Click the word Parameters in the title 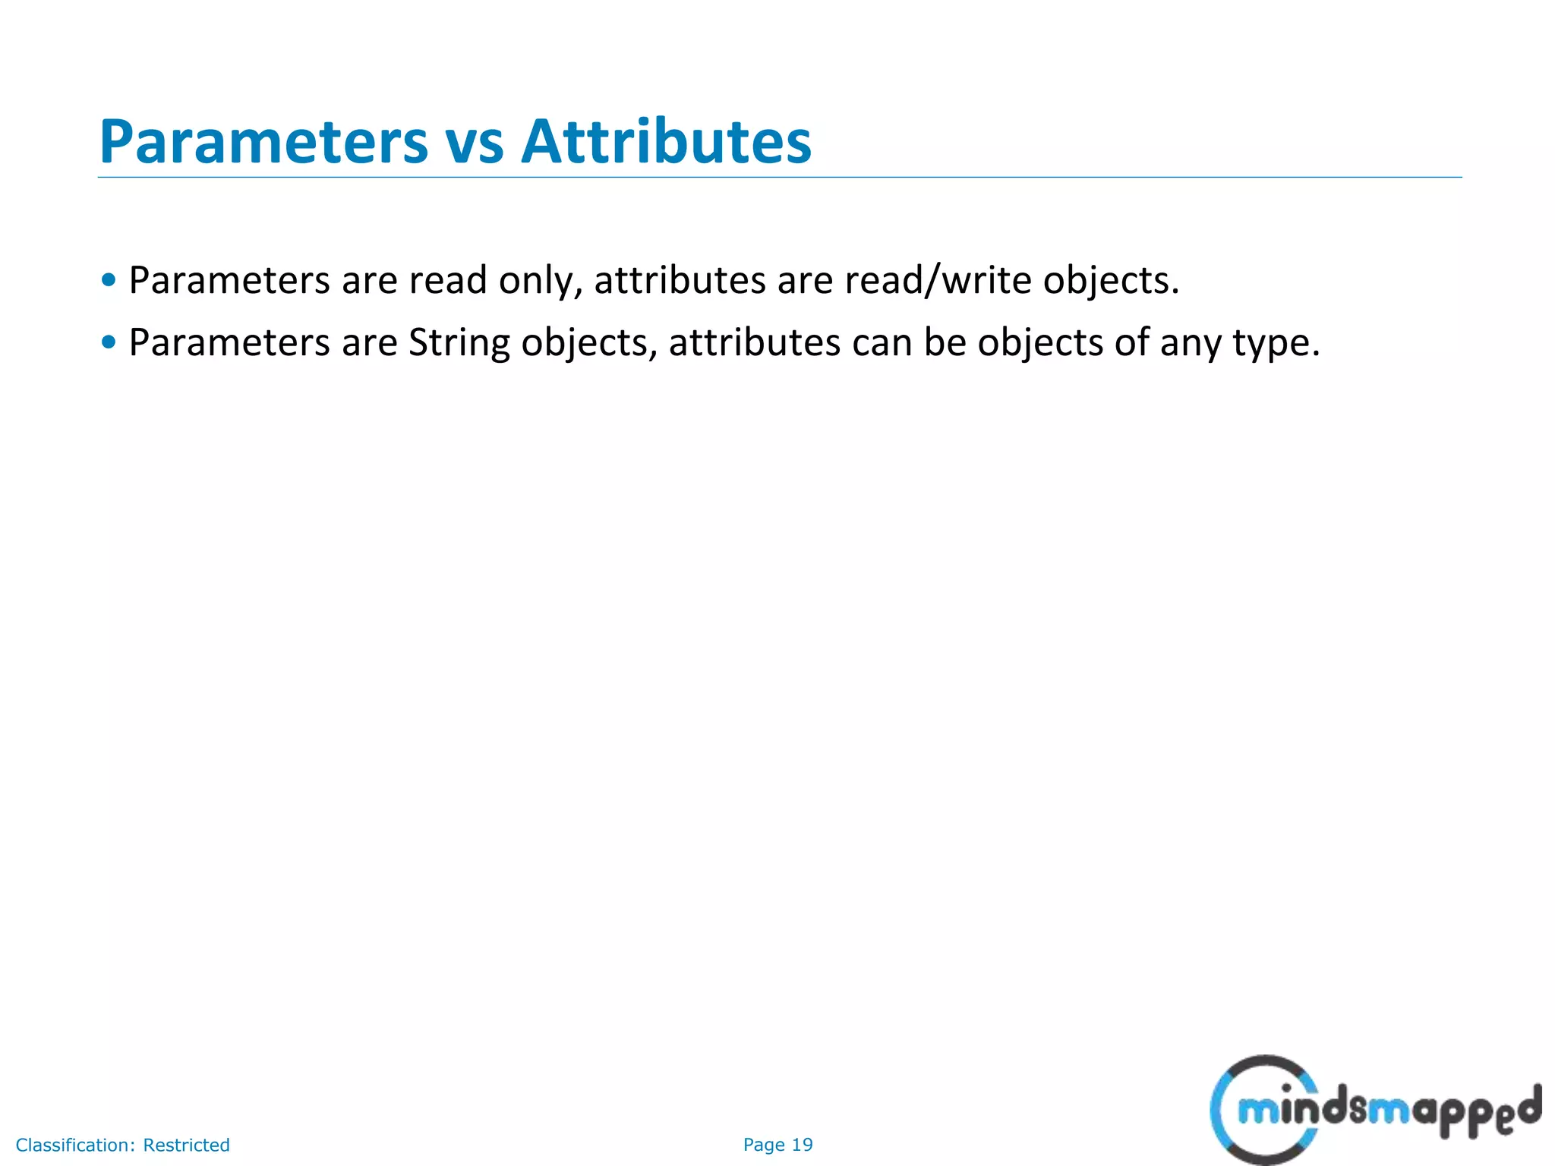[x=263, y=142]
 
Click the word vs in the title [x=474, y=142]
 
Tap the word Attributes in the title [x=666, y=142]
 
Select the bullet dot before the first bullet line [x=109, y=280]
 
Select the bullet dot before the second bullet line [x=109, y=342]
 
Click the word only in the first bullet [x=539, y=281]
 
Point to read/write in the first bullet [x=938, y=280]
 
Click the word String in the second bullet [x=459, y=343]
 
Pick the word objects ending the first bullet [x=1111, y=281]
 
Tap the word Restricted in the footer [x=186, y=1145]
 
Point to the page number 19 [x=802, y=1145]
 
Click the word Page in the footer [x=763, y=1145]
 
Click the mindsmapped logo [x=1374, y=1111]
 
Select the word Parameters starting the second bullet [x=229, y=343]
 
